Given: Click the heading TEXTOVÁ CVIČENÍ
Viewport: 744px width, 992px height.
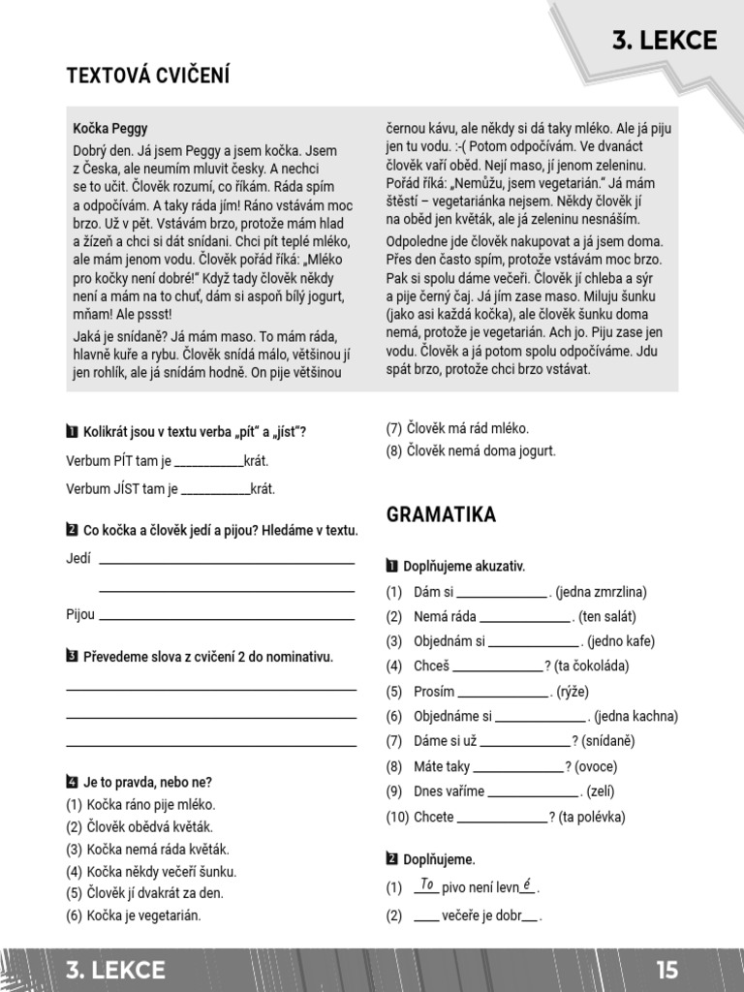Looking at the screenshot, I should [x=147, y=76].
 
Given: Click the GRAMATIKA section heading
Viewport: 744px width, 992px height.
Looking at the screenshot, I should [x=441, y=514].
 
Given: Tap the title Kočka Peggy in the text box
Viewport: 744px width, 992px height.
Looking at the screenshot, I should [x=110, y=128].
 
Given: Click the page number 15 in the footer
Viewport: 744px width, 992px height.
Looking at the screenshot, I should [x=666, y=970].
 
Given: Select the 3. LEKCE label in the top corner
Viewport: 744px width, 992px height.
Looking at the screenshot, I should [x=664, y=40].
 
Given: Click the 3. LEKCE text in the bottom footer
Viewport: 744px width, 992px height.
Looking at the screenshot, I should [x=115, y=970].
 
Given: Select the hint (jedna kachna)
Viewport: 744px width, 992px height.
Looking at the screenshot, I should [x=635, y=717].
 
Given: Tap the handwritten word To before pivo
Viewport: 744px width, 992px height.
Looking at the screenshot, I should [x=426, y=883].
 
